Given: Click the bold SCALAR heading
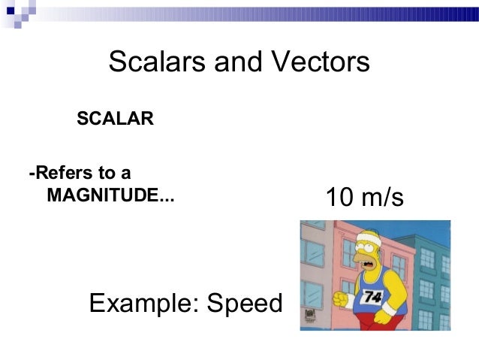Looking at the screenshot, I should [116, 119].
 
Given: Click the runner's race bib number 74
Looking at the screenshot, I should [373, 297].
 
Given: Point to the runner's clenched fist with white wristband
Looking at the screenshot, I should [345, 299].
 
